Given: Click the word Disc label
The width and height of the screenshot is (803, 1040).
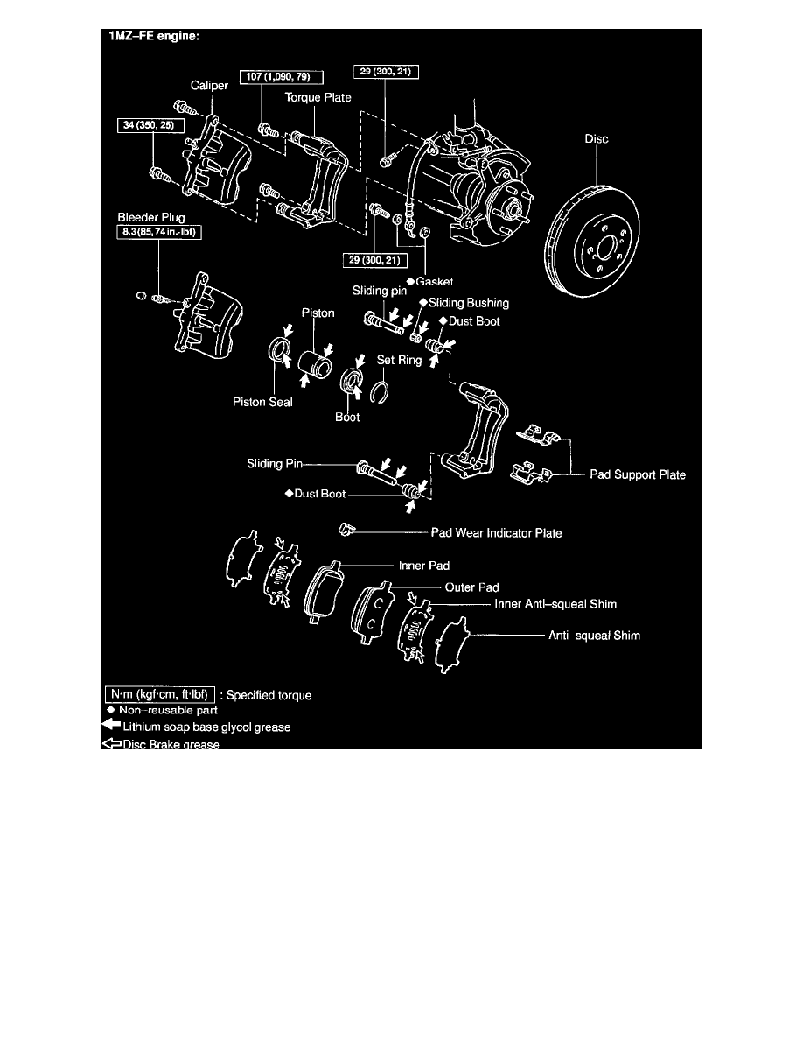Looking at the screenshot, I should click(597, 138).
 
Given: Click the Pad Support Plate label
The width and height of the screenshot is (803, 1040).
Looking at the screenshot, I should click(637, 474).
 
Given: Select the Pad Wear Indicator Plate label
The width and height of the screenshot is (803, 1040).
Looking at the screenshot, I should click(497, 531).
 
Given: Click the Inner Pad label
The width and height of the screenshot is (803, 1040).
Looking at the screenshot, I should click(448, 566).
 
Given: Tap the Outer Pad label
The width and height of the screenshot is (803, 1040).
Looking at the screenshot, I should click(471, 587).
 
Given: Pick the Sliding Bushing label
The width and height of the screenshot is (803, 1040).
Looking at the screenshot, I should click(468, 302).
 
